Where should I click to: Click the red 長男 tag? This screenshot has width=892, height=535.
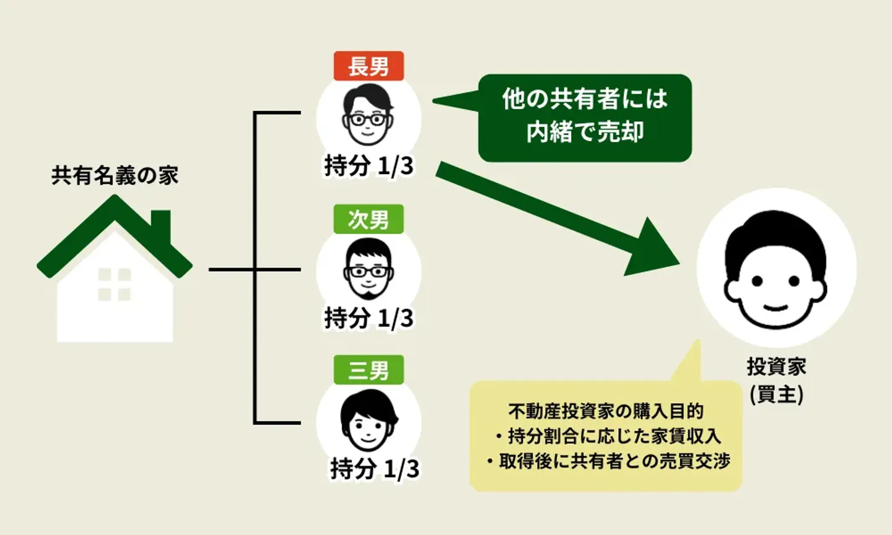pyautogui.click(x=369, y=66)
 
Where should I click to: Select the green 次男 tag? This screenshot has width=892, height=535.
pyautogui.click(x=369, y=219)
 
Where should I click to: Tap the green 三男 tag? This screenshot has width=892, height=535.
pyautogui.click(x=369, y=370)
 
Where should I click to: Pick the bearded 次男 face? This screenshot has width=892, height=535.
pyautogui.click(x=368, y=269)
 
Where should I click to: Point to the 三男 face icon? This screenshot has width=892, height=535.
pyautogui.click(x=368, y=421)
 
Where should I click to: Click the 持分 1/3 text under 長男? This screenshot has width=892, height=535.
pyautogui.click(x=369, y=166)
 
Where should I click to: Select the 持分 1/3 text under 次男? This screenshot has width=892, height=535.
pyautogui.click(x=369, y=318)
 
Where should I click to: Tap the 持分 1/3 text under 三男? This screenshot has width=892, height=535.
pyautogui.click(x=374, y=469)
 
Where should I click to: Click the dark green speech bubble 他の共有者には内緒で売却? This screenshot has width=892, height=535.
pyautogui.click(x=585, y=118)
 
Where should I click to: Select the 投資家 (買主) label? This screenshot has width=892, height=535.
pyautogui.click(x=776, y=380)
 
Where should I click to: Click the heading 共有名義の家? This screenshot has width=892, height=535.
pyautogui.click(x=115, y=176)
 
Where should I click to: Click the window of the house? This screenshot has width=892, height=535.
pyautogui.click(x=115, y=284)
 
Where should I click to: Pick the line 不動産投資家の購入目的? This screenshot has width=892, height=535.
pyautogui.click(x=606, y=411)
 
